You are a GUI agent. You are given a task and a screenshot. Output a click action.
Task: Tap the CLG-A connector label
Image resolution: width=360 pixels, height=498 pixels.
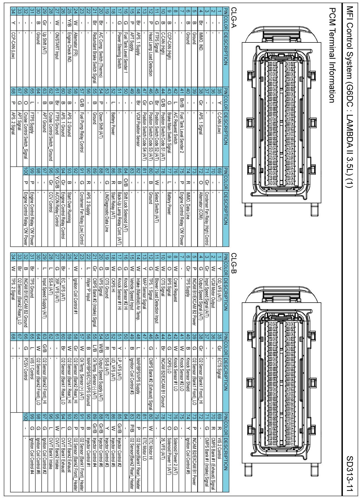pyautogui.click(x=234, y=17)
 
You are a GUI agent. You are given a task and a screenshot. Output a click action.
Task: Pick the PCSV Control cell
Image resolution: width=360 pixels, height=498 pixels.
pyautogui.click(x=25, y=369)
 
